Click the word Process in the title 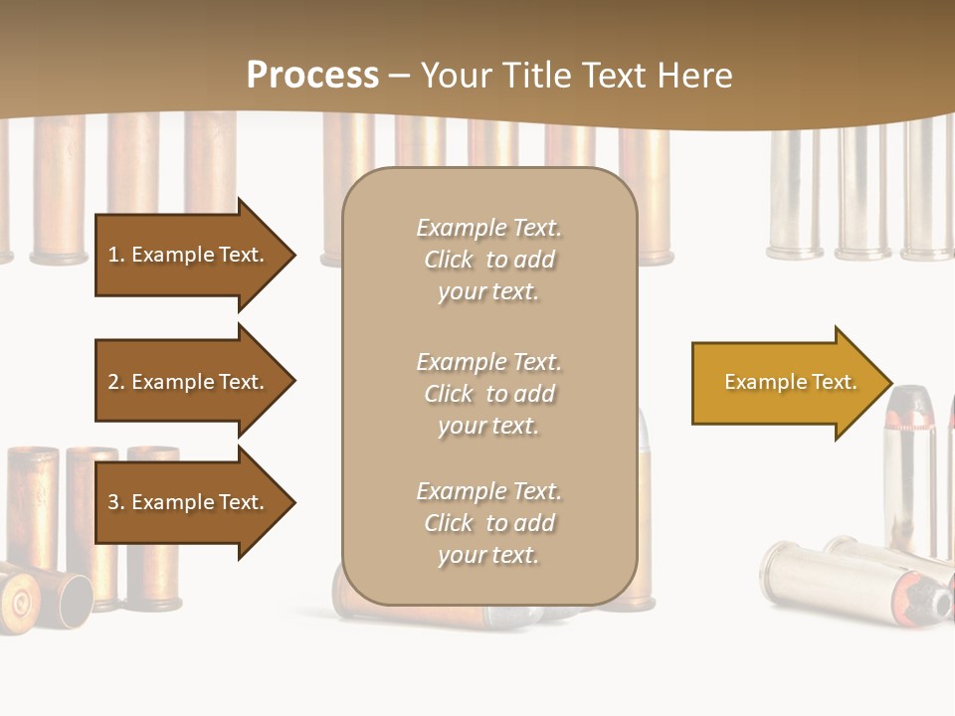coord(312,76)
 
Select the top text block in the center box coord(488,260)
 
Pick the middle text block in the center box coord(488,394)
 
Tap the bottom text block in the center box coord(488,523)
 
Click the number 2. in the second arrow coord(116,382)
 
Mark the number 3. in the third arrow coord(116,502)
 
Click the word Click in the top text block coord(449,260)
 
